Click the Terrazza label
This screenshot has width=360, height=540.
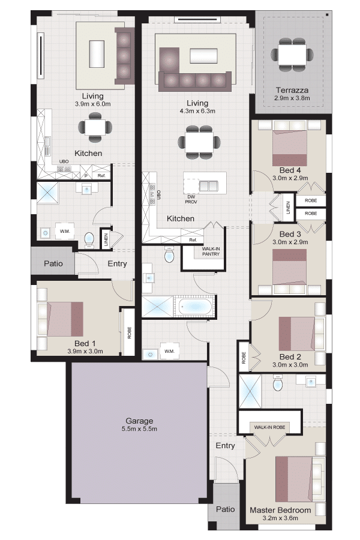pyautogui.click(x=292, y=90)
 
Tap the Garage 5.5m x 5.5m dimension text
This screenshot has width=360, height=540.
pyautogui.click(x=139, y=429)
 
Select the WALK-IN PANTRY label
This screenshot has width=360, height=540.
pyautogui.click(x=211, y=251)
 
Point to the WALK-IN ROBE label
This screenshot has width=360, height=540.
pyautogui.click(x=270, y=427)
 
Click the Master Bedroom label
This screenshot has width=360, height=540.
pyautogui.click(x=280, y=510)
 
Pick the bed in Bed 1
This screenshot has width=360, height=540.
pyautogui.click(x=65, y=319)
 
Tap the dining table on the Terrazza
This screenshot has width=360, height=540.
pyautogui.click(x=292, y=55)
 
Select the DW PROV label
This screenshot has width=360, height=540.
pyautogui.click(x=191, y=199)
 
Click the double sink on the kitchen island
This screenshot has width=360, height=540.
pyautogui.click(x=209, y=186)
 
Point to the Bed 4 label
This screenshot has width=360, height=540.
pyautogui.click(x=290, y=170)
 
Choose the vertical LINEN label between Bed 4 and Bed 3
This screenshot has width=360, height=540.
pyautogui.click(x=288, y=208)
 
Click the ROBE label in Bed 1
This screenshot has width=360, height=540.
pyautogui.click(x=130, y=332)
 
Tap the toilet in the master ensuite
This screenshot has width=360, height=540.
pyautogui.click(x=278, y=384)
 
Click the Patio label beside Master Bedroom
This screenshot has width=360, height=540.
pyautogui.click(x=226, y=509)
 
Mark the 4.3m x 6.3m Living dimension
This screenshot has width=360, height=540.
pyautogui.click(x=197, y=111)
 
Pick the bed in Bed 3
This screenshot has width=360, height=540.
pyautogui.click(x=289, y=267)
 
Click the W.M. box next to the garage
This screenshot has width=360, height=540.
pyautogui.click(x=169, y=351)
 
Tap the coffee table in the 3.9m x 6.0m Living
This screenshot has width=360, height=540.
pyautogui.click(x=97, y=54)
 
